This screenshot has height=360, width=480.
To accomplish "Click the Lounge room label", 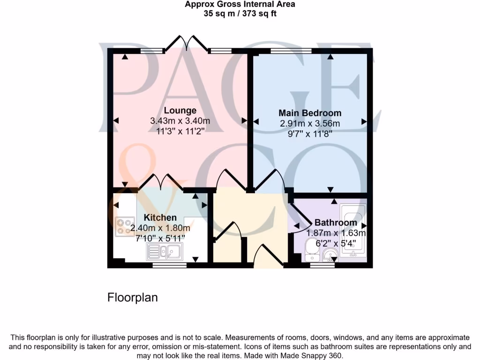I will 180,111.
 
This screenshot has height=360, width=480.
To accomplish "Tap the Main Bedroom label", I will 310,113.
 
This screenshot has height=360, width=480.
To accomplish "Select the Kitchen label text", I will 160,217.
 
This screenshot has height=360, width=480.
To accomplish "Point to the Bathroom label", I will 335,223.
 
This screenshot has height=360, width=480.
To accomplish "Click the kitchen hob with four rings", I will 125,226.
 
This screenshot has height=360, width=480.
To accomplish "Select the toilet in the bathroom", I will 311,250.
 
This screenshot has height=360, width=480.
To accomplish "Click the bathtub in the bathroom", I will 354,230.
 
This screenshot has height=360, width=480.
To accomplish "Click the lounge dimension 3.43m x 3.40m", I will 180,121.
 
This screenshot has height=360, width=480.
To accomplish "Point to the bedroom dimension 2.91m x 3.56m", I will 310,123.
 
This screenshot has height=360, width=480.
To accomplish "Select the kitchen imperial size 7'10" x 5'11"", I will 160,238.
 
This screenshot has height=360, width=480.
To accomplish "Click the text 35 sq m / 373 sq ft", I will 240,14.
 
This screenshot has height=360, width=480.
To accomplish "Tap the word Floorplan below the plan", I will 133,297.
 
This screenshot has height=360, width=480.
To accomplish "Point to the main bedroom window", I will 291,51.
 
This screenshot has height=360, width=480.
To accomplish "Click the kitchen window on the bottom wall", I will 169,265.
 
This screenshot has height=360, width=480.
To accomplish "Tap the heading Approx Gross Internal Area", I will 240,5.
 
